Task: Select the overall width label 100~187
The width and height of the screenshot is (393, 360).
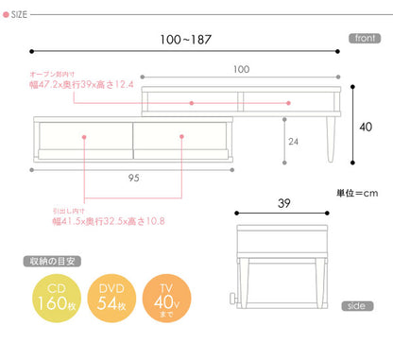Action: [x=187, y=41]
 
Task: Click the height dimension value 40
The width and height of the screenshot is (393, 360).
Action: [x=367, y=125]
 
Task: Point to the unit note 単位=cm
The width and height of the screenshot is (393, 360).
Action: [x=357, y=193]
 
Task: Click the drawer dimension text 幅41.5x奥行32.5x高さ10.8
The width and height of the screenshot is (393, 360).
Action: [x=111, y=223]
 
